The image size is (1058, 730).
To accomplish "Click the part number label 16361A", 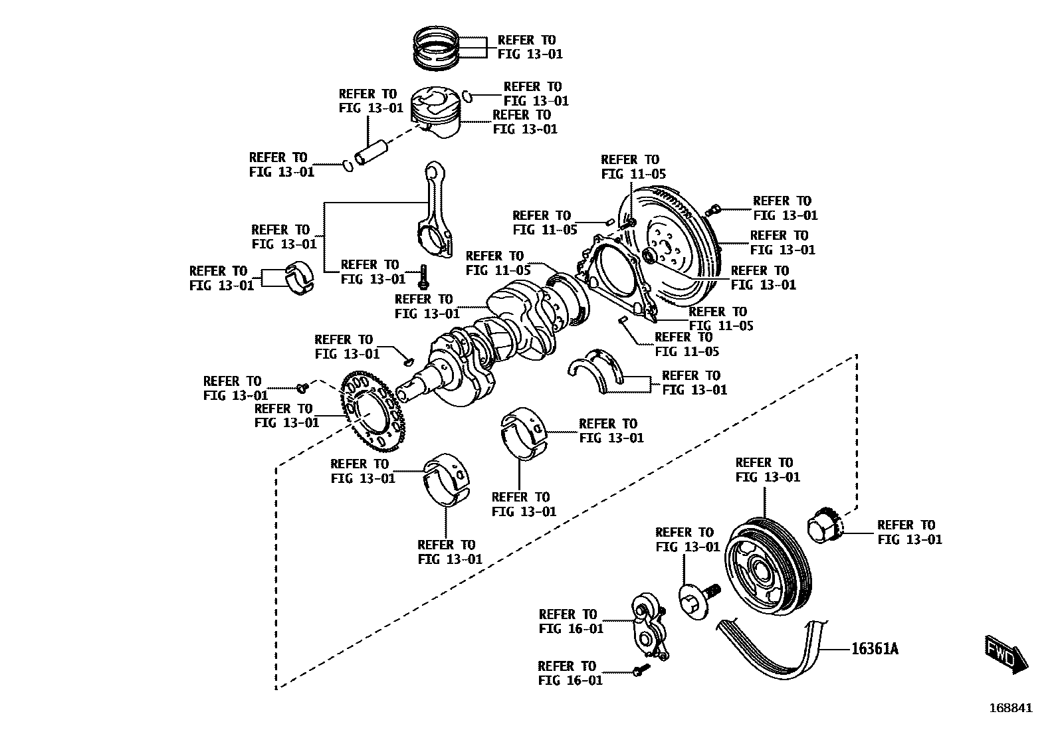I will [x=875, y=648].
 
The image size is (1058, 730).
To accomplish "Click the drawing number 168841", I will [x=1011, y=708].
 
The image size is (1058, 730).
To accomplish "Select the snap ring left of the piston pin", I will [x=347, y=165].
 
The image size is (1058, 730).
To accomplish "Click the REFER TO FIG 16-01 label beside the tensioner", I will [x=571, y=621].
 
